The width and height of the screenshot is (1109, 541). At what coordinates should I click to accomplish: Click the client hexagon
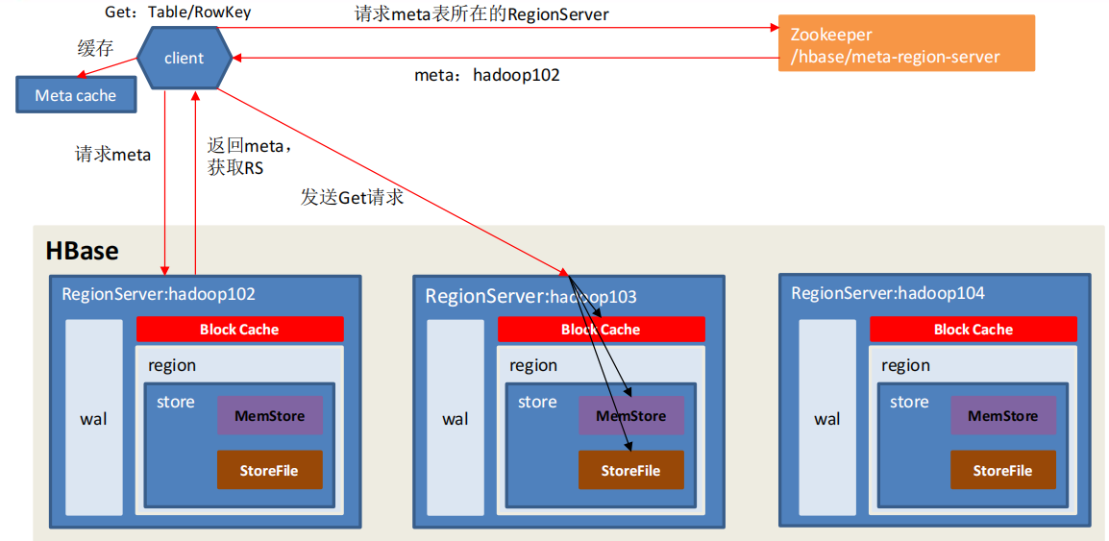tap(184, 58)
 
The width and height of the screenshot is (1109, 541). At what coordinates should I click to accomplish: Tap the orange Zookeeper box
tap(906, 43)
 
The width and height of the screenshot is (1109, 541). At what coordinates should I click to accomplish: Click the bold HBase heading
tap(82, 252)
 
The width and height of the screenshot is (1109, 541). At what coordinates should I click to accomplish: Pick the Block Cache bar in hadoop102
tap(239, 329)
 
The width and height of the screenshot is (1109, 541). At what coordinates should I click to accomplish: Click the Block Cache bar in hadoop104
tap(973, 329)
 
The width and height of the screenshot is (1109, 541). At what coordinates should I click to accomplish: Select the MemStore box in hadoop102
tap(270, 415)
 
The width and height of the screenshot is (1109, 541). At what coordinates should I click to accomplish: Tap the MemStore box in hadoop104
tap(1003, 415)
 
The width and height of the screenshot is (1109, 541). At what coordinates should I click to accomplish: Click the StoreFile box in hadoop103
tap(630, 470)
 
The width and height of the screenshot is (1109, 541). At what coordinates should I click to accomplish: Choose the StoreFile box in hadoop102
tap(269, 470)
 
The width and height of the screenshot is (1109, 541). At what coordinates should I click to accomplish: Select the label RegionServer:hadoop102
tap(159, 293)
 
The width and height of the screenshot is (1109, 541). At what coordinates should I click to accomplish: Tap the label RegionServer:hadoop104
tap(888, 293)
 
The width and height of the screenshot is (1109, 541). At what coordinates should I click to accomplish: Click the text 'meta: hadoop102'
tap(487, 75)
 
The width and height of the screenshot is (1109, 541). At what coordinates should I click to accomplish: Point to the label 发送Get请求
tap(353, 198)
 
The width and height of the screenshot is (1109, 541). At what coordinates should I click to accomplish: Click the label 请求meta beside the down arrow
tap(113, 155)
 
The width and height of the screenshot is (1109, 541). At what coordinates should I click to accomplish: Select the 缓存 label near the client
tap(95, 49)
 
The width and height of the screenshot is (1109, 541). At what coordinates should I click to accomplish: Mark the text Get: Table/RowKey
tap(177, 12)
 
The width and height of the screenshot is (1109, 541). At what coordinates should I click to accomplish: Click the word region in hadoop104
tap(904, 365)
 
